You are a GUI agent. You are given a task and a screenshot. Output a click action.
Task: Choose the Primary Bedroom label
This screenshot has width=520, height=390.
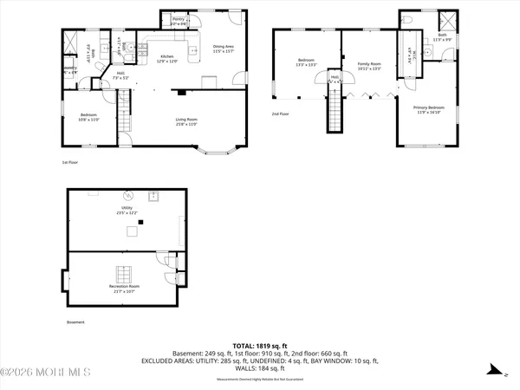pyautogui.click(x=427, y=108)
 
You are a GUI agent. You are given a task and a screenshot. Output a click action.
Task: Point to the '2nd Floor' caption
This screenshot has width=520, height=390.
pyautogui.click(x=279, y=114)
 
